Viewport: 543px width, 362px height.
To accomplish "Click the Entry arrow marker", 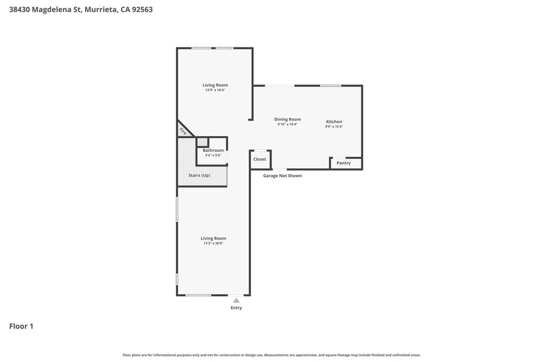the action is coord(236,301).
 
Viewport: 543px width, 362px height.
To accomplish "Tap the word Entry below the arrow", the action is coord(236,307).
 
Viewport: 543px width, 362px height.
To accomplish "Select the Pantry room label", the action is coord(344,163).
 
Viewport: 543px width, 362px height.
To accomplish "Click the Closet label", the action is coord(260,159).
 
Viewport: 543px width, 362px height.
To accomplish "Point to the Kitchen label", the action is coord(334,121).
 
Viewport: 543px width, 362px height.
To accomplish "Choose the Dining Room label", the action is coord(287,119).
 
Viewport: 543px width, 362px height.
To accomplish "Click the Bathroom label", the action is coord(213,150).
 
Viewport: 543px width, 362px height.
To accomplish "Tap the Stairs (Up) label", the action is coord(199,175).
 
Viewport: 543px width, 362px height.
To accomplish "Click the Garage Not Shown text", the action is coord(282,175).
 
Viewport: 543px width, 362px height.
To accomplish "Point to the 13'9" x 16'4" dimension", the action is coord(215,90).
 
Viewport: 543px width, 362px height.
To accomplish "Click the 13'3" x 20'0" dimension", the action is coord(213,243).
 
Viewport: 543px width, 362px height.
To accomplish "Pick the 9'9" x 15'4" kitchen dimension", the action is coord(334,127).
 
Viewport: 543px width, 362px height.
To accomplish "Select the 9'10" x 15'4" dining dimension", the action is coord(287,124).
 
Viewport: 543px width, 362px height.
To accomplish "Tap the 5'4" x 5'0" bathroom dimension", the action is coord(213,155).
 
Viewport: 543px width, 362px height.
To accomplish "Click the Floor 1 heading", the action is coord(21,326).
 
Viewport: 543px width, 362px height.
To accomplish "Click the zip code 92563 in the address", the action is coord(142,10).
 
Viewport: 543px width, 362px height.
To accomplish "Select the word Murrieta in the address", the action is coord(100,10).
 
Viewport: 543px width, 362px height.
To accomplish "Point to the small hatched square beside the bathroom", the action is coord(202,142).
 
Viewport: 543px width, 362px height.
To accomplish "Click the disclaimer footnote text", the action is coord(271,355).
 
